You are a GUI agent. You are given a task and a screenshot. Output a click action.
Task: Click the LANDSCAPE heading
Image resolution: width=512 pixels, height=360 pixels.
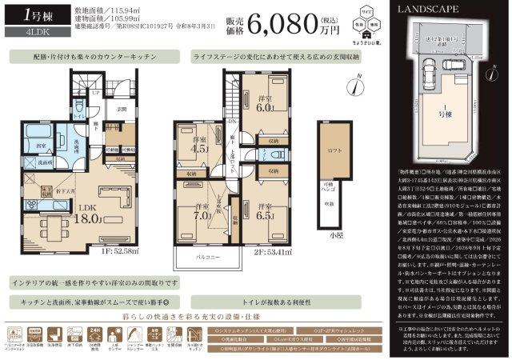tap(426, 9)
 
